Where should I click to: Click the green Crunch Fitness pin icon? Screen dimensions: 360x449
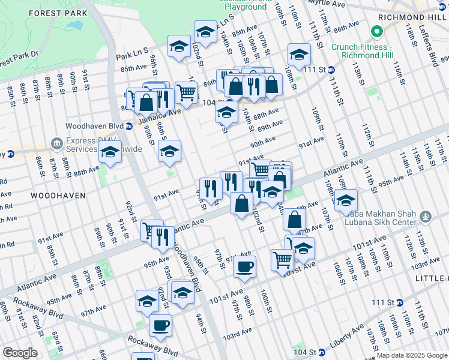[x=377, y=31]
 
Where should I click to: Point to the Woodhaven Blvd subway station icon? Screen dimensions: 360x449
[x=129, y=126]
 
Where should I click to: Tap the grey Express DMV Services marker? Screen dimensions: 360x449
[x=57, y=143]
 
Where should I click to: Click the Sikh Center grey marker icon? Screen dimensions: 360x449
[x=425, y=215]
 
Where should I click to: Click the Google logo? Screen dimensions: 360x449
[x=20, y=353]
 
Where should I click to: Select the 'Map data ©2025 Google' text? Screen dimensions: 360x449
[x=412, y=355]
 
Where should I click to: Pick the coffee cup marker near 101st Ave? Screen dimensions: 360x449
[x=244, y=266]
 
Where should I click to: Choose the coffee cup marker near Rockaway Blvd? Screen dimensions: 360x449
[x=160, y=325]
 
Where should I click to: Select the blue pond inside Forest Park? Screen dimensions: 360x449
[x=75, y=26]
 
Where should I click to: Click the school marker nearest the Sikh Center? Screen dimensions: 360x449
[x=346, y=201]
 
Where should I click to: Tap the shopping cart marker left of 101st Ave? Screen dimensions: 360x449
[x=282, y=260]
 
